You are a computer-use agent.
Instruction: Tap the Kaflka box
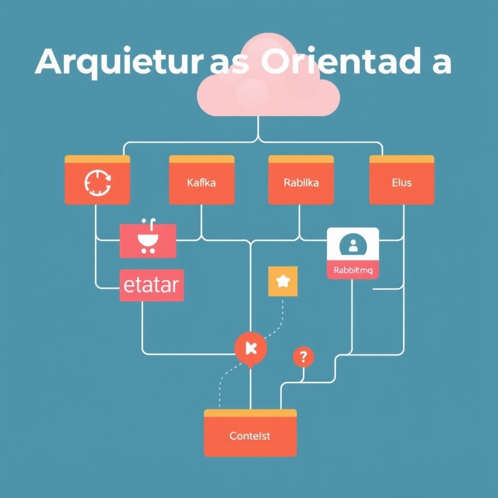click(201, 183)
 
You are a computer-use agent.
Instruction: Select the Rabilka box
click(301, 183)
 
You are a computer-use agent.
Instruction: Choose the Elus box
click(402, 183)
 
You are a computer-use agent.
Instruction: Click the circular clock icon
click(98, 183)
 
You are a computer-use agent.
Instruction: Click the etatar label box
click(151, 285)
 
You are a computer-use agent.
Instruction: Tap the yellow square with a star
click(283, 281)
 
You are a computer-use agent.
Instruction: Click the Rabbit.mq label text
click(353, 271)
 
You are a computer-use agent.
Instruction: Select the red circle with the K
click(250, 347)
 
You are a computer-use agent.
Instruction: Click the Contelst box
click(250, 436)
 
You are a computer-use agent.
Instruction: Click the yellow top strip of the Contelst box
click(250, 413)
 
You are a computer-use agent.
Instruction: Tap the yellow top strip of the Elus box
click(402, 159)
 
